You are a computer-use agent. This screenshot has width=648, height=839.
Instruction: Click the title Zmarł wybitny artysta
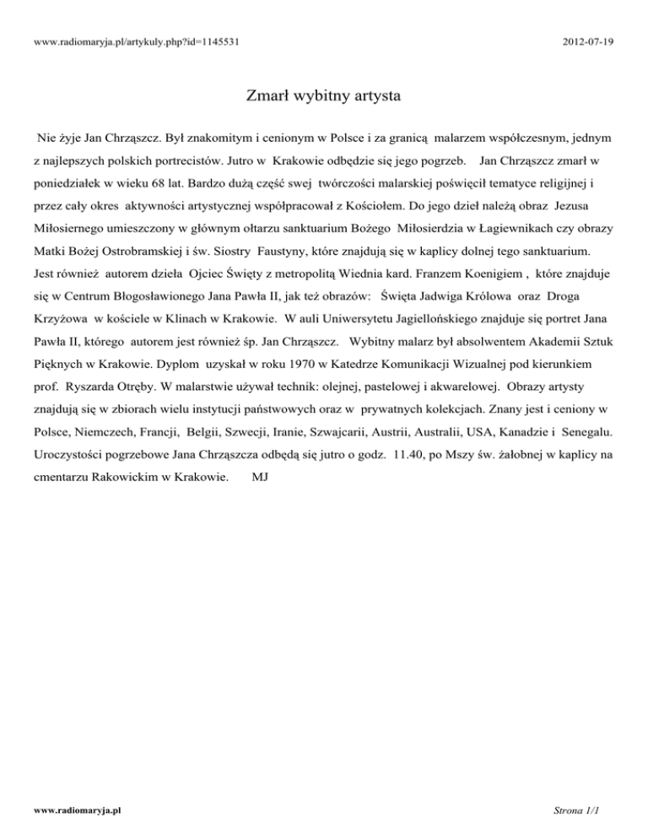323,95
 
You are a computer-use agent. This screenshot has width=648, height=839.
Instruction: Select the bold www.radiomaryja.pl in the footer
70,809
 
